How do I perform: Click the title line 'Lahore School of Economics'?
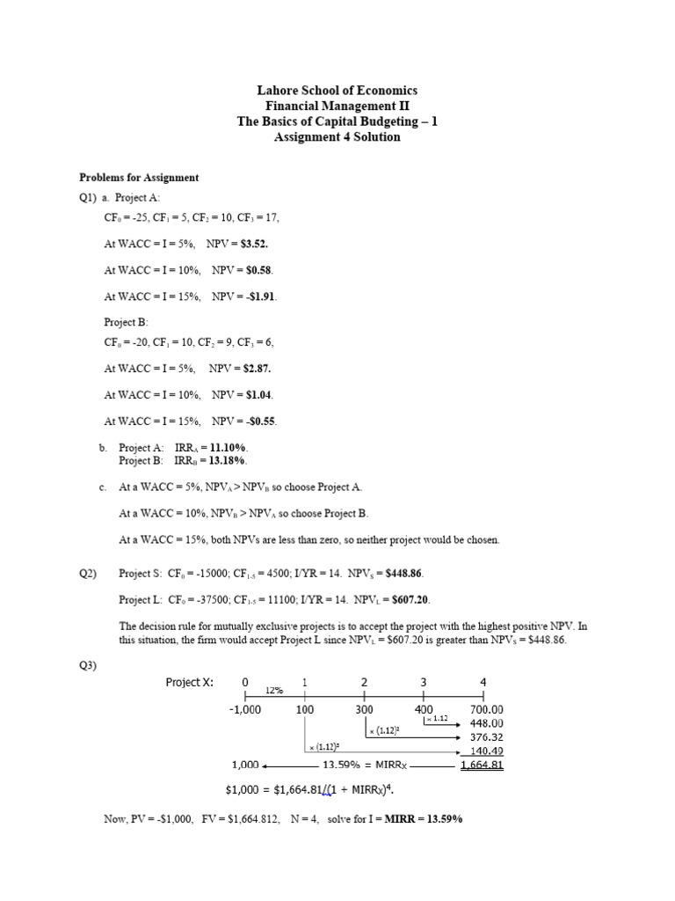337,91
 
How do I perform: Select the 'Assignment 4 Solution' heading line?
337,137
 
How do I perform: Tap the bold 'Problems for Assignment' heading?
139,177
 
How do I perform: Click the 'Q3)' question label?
88,665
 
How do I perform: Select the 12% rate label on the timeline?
274,691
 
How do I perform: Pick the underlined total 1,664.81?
482,765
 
